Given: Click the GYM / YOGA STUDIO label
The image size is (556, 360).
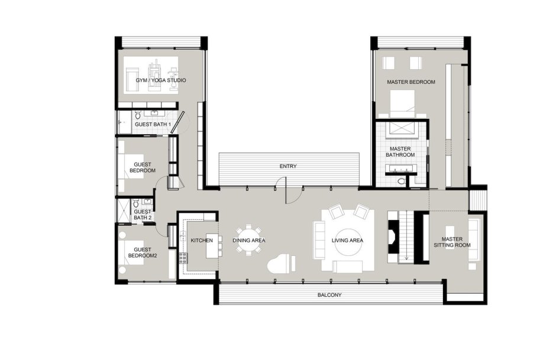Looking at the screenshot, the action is click(x=161, y=80).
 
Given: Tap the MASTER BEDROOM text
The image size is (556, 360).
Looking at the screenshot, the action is click(x=411, y=82).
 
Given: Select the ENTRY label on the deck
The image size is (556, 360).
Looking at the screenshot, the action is click(x=288, y=166).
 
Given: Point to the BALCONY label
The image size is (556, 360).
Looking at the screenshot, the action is click(x=329, y=295).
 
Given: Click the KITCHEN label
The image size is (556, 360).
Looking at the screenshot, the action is click(x=202, y=240).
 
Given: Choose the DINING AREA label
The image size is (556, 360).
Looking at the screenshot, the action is click(x=249, y=240).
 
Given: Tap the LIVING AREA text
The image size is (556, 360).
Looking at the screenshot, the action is click(x=347, y=240).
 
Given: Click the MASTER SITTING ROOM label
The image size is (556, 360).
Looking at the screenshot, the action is click(x=452, y=242).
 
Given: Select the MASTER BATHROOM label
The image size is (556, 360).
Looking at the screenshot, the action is click(x=400, y=152).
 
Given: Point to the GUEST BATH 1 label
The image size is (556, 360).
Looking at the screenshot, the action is click(x=153, y=125).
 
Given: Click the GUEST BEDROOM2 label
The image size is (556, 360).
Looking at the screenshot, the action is click(x=143, y=252).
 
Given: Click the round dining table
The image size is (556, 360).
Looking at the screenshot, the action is click(x=249, y=240).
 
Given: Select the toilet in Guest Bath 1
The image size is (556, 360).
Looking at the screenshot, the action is click(x=138, y=115).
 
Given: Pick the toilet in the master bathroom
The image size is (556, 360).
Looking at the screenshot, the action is click(x=401, y=181).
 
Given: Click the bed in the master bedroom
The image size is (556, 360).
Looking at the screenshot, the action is click(x=402, y=103).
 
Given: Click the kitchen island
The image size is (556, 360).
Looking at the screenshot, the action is click(x=212, y=245).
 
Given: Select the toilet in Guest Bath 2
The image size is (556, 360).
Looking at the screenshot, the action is click(x=136, y=204).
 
